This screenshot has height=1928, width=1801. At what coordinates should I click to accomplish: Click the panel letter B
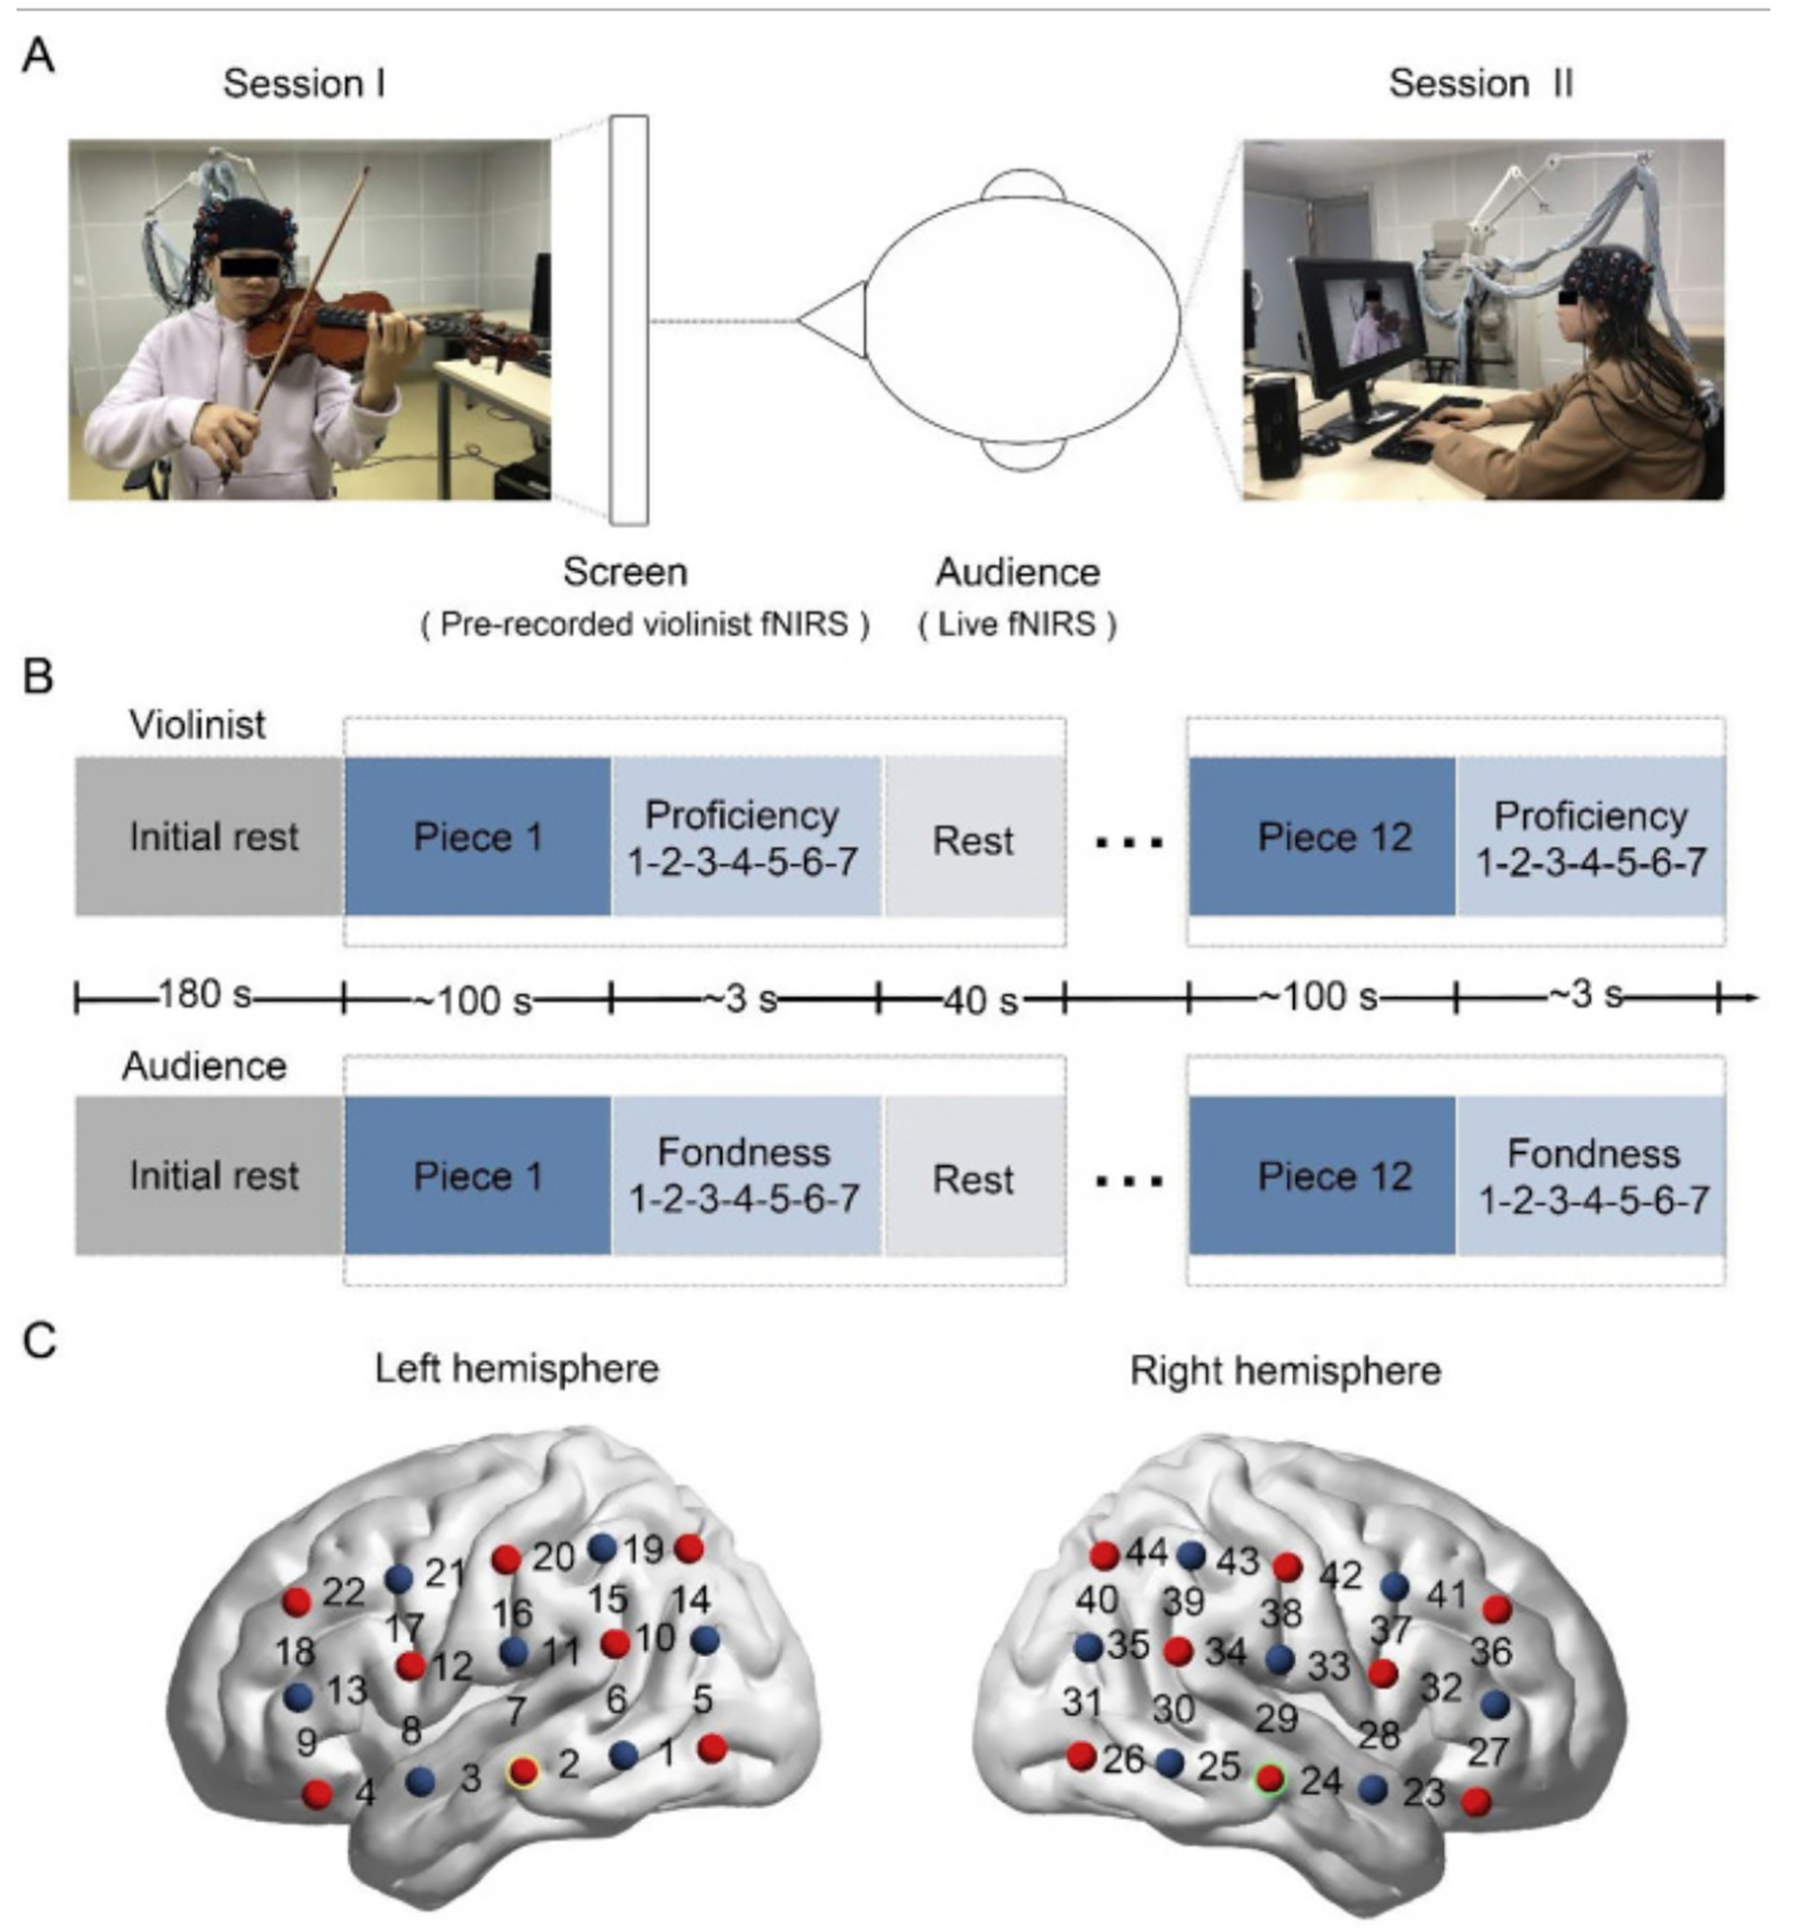(x=38, y=676)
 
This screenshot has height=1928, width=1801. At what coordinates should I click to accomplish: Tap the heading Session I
(x=304, y=84)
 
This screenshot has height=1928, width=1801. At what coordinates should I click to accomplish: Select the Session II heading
(x=1480, y=84)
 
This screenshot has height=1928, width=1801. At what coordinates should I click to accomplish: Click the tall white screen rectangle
(x=630, y=320)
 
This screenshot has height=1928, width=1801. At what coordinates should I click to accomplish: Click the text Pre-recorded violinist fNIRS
(x=644, y=625)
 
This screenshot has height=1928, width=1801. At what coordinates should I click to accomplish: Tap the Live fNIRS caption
(x=1017, y=625)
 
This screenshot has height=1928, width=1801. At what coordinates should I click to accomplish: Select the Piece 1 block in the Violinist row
(x=477, y=837)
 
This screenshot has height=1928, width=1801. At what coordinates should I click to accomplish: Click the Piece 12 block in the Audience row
(x=1322, y=1176)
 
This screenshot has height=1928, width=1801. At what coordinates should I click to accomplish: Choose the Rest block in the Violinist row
(x=973, y=840)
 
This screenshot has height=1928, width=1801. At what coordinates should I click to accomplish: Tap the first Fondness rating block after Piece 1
(x=745, y=1176)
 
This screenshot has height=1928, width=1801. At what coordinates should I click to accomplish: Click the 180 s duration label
(x=204, y=994)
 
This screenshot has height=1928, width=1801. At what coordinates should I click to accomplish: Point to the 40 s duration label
(x=981, y=1000)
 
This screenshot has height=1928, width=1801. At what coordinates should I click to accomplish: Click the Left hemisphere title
(x=517, y=1369)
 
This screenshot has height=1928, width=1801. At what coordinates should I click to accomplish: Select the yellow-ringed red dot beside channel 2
(x=524, y=1771)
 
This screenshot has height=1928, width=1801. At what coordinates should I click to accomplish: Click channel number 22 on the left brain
(x=343, y=1592)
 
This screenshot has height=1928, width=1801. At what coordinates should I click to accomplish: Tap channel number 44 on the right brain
(x=1146, y=1553)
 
